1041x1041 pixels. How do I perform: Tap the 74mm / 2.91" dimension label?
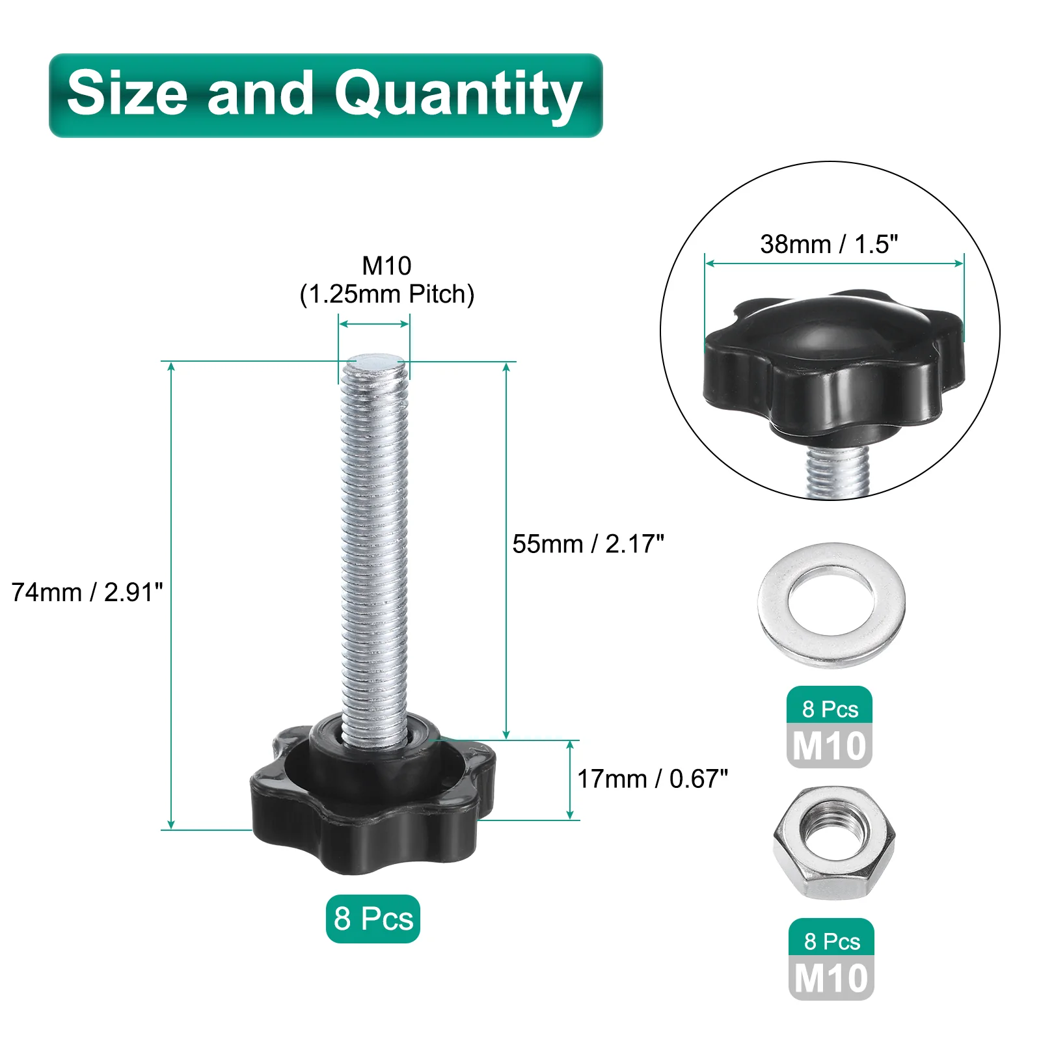tap(87, 592)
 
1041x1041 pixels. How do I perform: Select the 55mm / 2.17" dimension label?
tap(588, 544)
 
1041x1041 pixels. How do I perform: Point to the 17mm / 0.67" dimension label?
tap(653, 779)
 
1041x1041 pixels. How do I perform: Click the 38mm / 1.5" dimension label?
tap(829, 244)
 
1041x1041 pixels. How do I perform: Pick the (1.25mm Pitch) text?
tap(387, 294)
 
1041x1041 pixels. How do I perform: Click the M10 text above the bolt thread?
tap(386, 265)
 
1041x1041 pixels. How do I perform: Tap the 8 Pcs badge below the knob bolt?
tap(373, 919)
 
